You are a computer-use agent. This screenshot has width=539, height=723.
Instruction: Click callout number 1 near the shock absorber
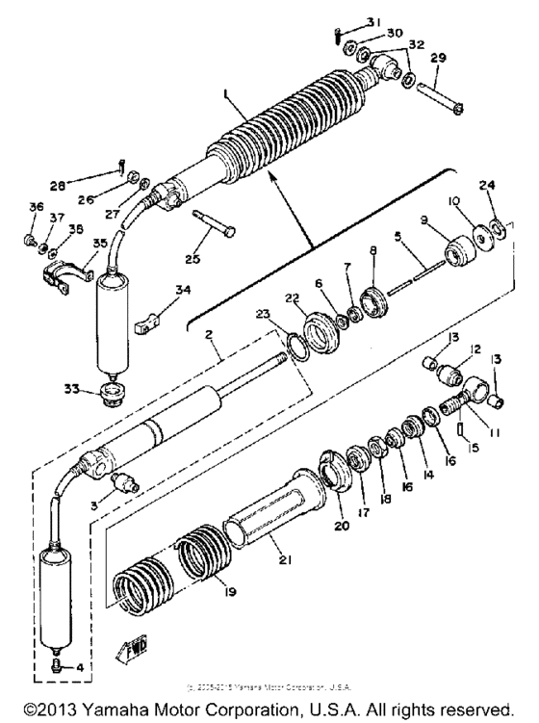(224, 97)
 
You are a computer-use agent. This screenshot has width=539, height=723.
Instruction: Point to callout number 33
(84, 388)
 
